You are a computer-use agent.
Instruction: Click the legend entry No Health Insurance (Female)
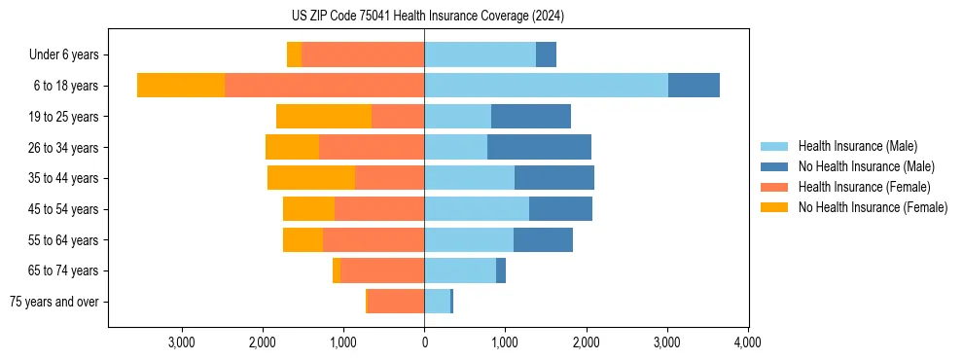pyautogui.click(x=873, y=207)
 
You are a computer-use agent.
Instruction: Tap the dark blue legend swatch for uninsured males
pyautogui.click(x=774, y=166)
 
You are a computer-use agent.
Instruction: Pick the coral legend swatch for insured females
pyautogui.click(x=774, y=187)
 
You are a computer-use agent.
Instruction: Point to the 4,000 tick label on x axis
pyautogui.click(x=747, y=342)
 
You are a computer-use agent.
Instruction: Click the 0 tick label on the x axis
pyautogui.click(x=424, y=342)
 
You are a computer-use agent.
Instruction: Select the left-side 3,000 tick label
pyautogui.click(x=182, y=342)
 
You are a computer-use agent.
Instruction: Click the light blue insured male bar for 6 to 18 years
pyautogui.click(x=546, y=86)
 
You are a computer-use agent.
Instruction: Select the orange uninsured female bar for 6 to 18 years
pyautogui.click(x=181, y=86)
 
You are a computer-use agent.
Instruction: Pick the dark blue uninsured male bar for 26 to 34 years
pyautogui.click(x=539, y=147)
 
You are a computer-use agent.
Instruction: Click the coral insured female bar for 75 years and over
pyautogui.click(x=396, y=302)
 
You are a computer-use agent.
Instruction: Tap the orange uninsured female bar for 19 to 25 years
pyautogui.click(x=324, y=117)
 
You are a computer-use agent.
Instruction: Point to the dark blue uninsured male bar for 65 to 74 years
pyautogui.click(x=501, y=270)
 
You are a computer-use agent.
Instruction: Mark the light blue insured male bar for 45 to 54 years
pyautogui.click(x=477, y=209)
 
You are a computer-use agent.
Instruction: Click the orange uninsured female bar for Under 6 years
pyautogui.click(x=294, y=55)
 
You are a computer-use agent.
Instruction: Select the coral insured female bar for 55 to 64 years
pyautogui.click(x=374, y=240)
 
